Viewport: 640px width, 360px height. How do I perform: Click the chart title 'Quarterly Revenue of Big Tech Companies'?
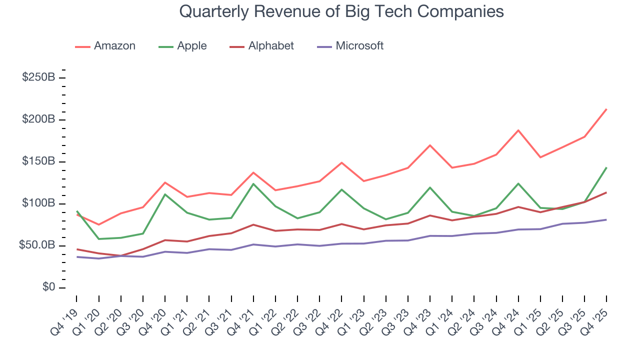pos(341,11)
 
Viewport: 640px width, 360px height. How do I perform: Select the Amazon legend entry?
pos(105,46)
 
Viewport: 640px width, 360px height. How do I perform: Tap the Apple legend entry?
pos(182,46)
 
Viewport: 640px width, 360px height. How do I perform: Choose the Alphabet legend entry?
pos(262,46)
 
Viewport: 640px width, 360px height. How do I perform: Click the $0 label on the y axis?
pos(49,288)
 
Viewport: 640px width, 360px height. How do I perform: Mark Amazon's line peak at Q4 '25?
pos(606,109)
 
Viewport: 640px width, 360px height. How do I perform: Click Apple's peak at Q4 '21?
pos(253,183)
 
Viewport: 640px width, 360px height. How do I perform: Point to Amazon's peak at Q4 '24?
pos(518,130)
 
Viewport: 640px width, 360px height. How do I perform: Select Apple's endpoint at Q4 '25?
pos(606,167)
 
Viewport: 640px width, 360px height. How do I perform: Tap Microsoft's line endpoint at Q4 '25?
pos(606,219)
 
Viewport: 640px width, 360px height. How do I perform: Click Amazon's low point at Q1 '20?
pos(98,224)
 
